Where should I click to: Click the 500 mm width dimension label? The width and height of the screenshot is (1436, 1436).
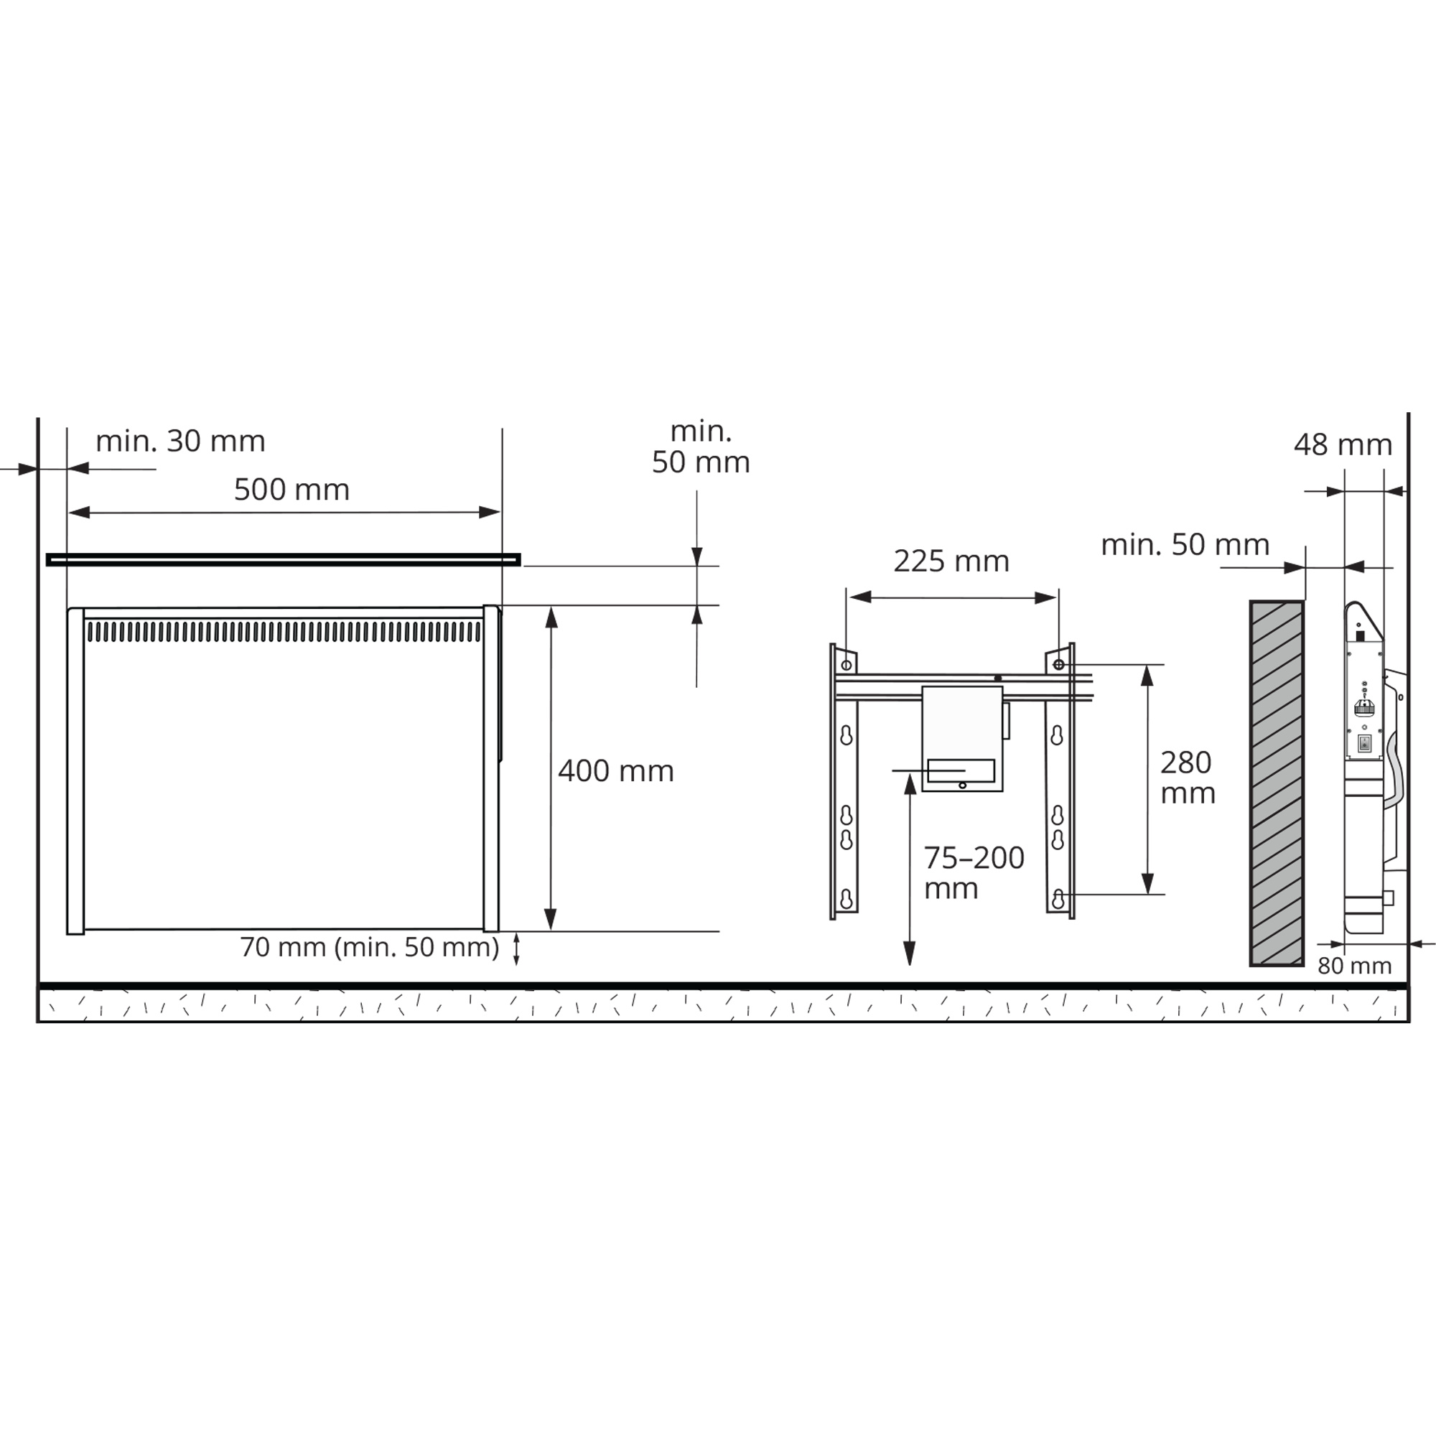point(292,490)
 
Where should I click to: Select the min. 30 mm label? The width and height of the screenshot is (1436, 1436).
point(181,442)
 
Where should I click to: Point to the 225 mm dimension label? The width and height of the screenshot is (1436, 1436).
point(951,561)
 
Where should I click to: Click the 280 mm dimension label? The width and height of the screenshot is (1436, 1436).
point(1187,778)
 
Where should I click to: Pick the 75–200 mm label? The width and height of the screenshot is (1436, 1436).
point(974,872)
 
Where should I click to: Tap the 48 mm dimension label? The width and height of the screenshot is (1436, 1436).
point(1343,444)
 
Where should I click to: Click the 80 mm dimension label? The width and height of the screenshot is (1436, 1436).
point(1354,966)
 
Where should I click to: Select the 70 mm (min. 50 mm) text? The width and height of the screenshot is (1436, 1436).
point(369,947)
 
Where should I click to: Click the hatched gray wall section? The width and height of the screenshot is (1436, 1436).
point(1277,783)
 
